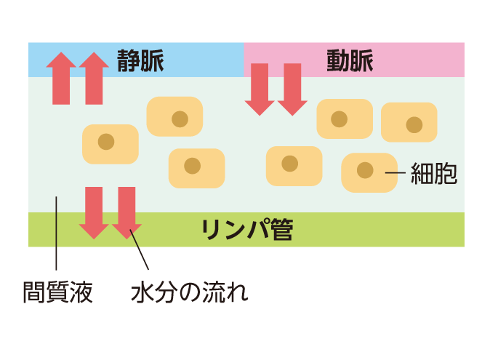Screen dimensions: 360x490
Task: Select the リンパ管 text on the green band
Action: (x=247, y=230)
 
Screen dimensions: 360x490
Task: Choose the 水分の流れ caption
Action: (x=190, y=292)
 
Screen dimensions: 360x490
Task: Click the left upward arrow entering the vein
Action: (x=60, y=79)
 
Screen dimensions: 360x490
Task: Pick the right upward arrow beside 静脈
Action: (x=94, y=79)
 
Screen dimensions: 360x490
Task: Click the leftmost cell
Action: (x=110, y=143)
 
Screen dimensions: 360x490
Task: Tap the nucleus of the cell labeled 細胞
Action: (x=365, y=172)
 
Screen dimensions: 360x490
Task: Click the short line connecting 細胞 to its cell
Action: (x=395, y=173)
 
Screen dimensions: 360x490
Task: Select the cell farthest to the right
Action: (x=409, y=123)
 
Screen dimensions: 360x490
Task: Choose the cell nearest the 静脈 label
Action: (x=174, y=116)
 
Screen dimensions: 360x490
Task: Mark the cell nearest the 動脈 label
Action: (x=345, y=119)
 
